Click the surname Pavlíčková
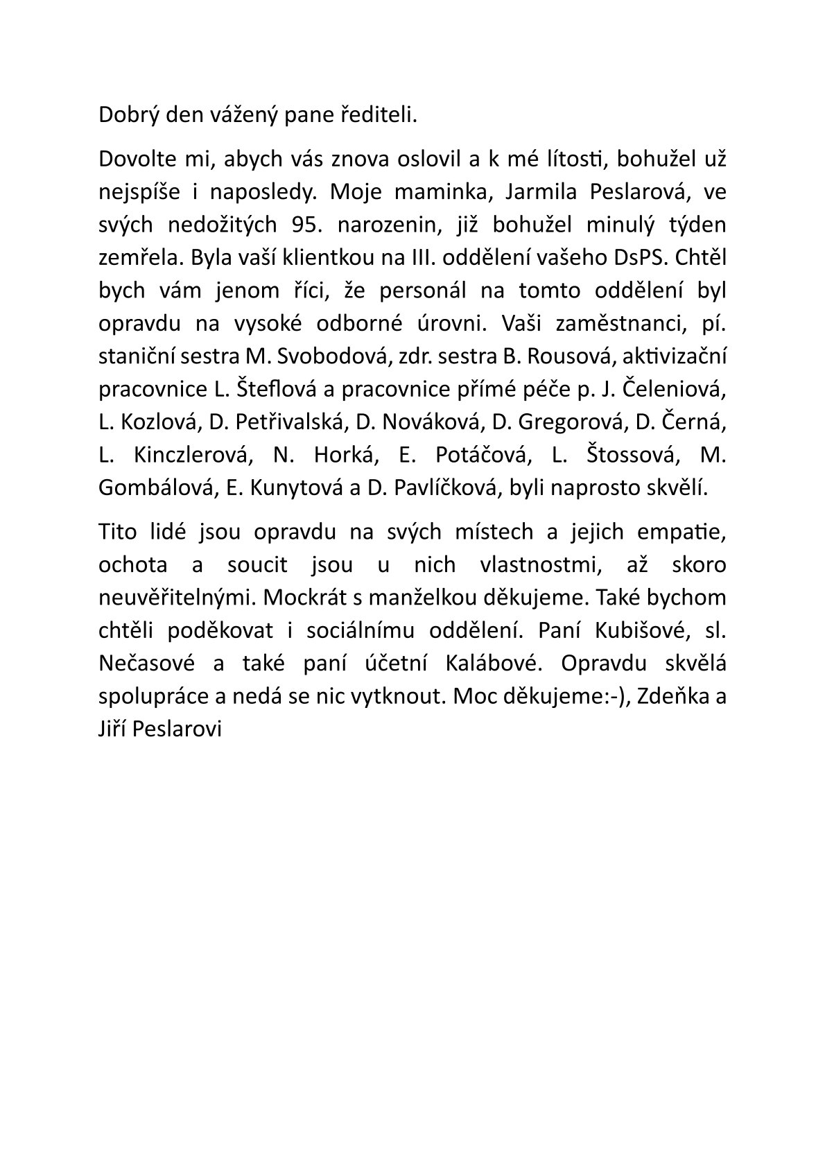[x=445, y=488]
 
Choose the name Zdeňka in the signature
[x=670, y=697]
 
